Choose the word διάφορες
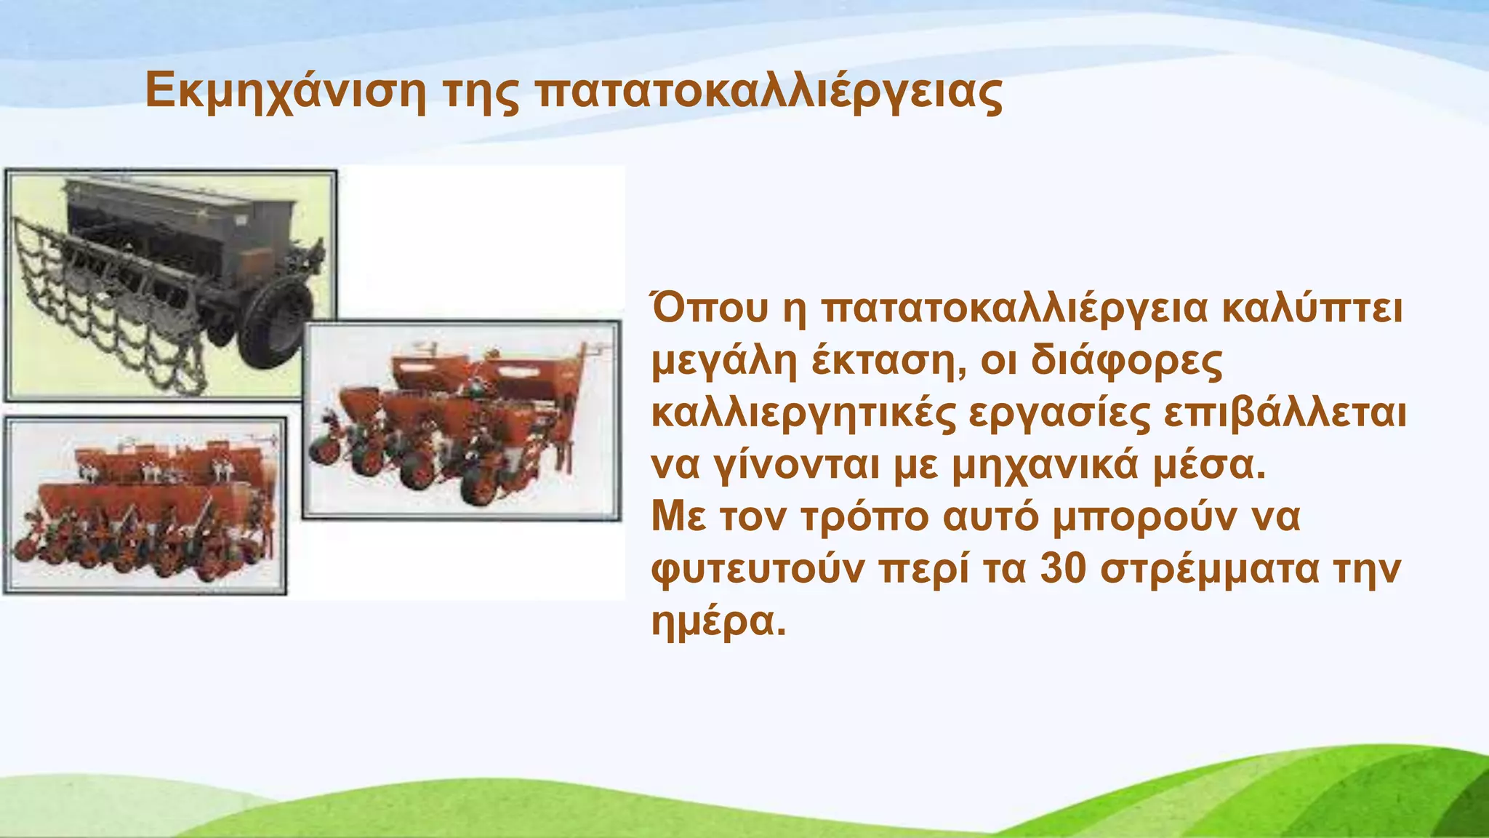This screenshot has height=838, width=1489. coord(1127,362)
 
